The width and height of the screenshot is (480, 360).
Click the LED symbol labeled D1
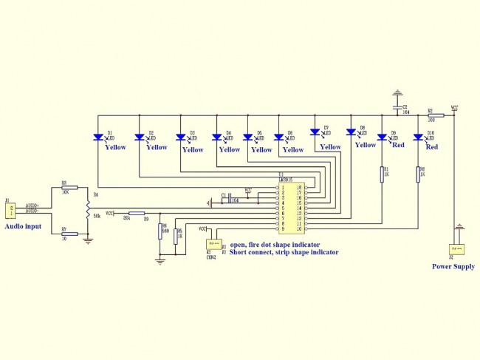click(99, 137)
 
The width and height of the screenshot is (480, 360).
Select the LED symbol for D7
click(316, 132)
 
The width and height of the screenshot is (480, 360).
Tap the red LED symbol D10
click(418, 137)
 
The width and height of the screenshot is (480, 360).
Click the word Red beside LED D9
click(397, 146)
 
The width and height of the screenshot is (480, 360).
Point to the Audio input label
click(23, 226)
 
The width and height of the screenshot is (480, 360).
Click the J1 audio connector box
click(10, 210)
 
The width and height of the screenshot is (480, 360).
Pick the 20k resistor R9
click(127, 213)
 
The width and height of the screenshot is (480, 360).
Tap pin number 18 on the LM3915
click(299, 188)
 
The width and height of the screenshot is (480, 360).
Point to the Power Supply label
click(453, 267)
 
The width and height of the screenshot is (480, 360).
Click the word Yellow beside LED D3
click(193, 150)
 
